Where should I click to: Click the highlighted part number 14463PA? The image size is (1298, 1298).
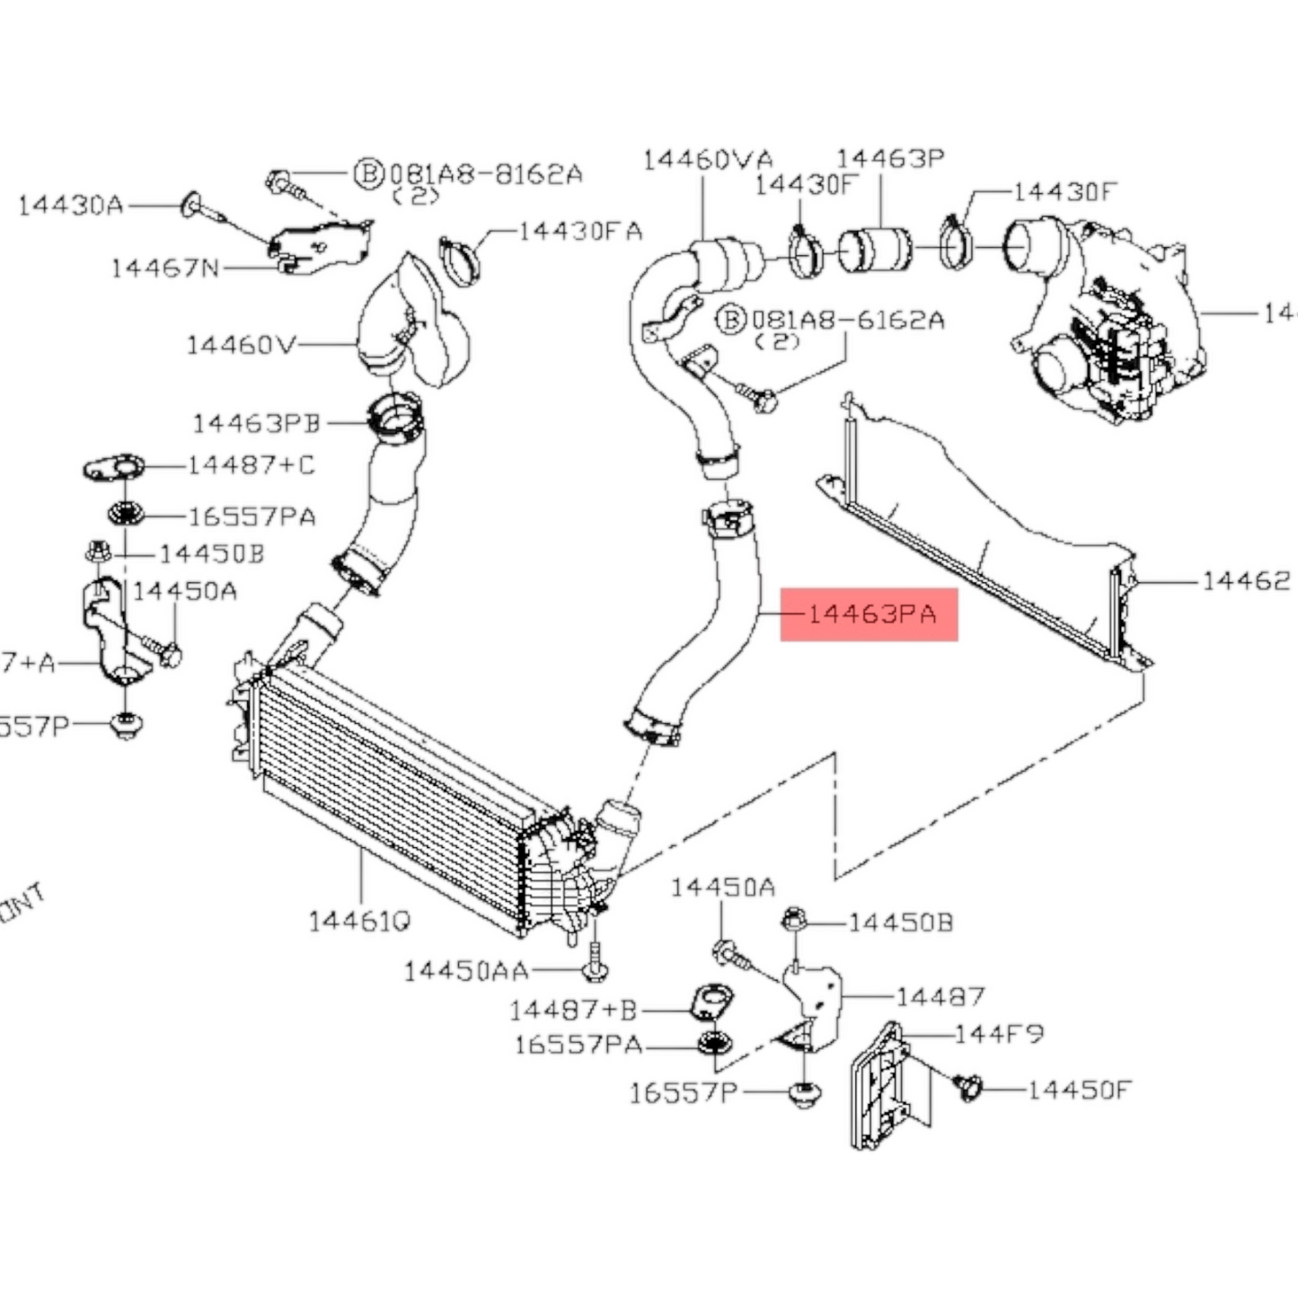(x=870, y=614)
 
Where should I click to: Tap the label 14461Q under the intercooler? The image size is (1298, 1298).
(x=360, y=921)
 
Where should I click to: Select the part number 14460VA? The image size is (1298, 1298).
(x=707, y=160)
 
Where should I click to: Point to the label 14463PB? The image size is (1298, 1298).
(x=257, y=422)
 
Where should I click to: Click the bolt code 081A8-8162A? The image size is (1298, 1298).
(x=486, y=173)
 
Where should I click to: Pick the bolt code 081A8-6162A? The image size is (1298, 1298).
(x=848, y=319)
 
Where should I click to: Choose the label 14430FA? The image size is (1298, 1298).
(x=581, y=231)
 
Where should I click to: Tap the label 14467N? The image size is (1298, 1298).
(x=165, y=268)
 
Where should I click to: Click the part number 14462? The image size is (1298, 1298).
(x=1246, y=581)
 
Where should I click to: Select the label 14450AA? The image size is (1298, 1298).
(x=465, y=971)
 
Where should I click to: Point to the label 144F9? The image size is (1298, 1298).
(x=999, y=1034)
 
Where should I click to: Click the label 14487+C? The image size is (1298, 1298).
(x=252, y=465)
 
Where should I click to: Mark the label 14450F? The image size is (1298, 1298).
(x=1079, y=1090)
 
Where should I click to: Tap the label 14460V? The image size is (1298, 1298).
(x=241, y=344)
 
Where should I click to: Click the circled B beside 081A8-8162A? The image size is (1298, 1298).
(x=368, y=173)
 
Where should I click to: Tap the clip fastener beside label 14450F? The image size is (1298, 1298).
(x=967, y=1087)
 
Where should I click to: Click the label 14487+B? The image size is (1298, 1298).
(x=572, y=1011)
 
